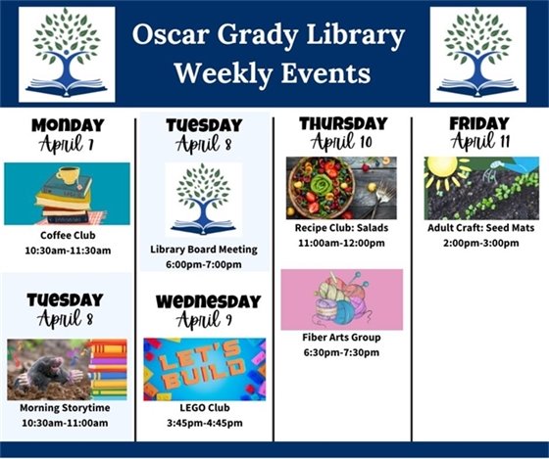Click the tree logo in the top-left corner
tap(67, 54)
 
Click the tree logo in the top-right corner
tap(477, 54)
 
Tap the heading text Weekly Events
tap(272, 73)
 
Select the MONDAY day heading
tap(67, 125)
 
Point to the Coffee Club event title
tap(68, 235)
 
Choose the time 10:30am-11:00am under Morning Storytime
tap(67, 423)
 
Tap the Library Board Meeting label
tap(204, 249)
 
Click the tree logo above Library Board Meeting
tap(204, 199)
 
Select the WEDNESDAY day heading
tap(208, 300)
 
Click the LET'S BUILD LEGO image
tap(204, 369)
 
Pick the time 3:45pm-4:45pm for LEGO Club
tap(204, 423)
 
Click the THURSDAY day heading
tap(343, 123)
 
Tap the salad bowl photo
tap(321, 187)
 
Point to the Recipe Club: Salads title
tap(341, 228)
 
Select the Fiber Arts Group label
tap(341, 338)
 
